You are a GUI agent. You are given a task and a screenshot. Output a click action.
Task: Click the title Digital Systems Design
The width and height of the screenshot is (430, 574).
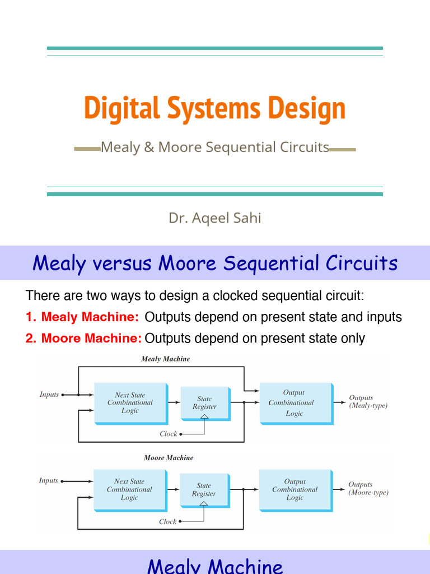point(214,109)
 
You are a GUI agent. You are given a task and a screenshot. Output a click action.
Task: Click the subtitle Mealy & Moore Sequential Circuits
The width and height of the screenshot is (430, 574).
point(214,147)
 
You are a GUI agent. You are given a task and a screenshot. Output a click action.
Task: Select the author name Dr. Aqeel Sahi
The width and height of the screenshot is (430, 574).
point(214,218)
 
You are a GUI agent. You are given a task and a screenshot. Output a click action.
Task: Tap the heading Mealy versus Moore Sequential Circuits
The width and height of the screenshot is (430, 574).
point(214,263)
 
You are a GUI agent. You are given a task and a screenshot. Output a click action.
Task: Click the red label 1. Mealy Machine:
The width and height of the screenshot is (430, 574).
point(82,317)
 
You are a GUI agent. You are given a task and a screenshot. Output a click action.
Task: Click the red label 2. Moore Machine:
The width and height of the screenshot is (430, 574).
point(83,339)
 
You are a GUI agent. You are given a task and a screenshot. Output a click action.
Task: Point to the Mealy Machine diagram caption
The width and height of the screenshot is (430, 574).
point(165,359)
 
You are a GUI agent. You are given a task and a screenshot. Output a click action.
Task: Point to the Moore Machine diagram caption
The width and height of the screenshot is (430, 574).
point(168,458)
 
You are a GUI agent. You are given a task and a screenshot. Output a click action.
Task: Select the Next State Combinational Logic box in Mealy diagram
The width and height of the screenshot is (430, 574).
point(130,403)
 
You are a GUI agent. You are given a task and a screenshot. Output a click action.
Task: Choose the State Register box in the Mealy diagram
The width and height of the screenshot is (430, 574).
point(204,403)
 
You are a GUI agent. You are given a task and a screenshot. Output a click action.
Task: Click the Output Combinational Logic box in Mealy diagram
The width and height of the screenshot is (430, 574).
point(295,403)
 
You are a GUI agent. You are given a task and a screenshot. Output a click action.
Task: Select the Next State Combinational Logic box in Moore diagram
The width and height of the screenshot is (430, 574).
point(129,489)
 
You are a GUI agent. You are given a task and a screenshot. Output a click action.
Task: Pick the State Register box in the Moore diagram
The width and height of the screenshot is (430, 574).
point(204,490)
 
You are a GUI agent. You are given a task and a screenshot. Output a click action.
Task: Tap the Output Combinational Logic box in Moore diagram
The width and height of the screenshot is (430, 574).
point(295,489)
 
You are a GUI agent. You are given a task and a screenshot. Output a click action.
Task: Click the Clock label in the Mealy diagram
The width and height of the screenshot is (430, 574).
point(168,434)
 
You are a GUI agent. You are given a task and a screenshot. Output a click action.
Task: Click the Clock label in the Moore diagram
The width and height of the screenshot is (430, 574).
point(167,522)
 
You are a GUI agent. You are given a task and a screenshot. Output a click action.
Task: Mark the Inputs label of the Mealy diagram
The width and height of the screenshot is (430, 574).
point(49,395)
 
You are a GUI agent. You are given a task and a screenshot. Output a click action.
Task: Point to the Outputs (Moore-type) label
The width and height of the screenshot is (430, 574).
point(368,489)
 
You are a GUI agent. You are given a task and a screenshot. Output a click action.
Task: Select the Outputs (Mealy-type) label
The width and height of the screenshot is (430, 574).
point(368,401)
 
